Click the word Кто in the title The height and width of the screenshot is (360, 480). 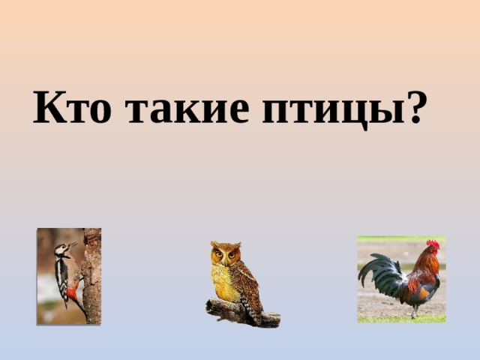(x=72, y=107)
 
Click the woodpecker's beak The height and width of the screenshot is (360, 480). (x=73, y=245)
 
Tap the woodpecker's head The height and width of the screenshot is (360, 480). (x=63, y=250)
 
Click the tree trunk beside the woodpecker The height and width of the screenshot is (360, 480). (x=92, y=276)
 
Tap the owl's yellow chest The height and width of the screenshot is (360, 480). (x=225, y=282)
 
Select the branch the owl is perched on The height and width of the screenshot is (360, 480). (x=242, y=313)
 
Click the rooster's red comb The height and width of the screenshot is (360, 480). (x=433, y=243)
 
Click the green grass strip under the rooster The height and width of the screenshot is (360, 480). (x=402, y=319)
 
